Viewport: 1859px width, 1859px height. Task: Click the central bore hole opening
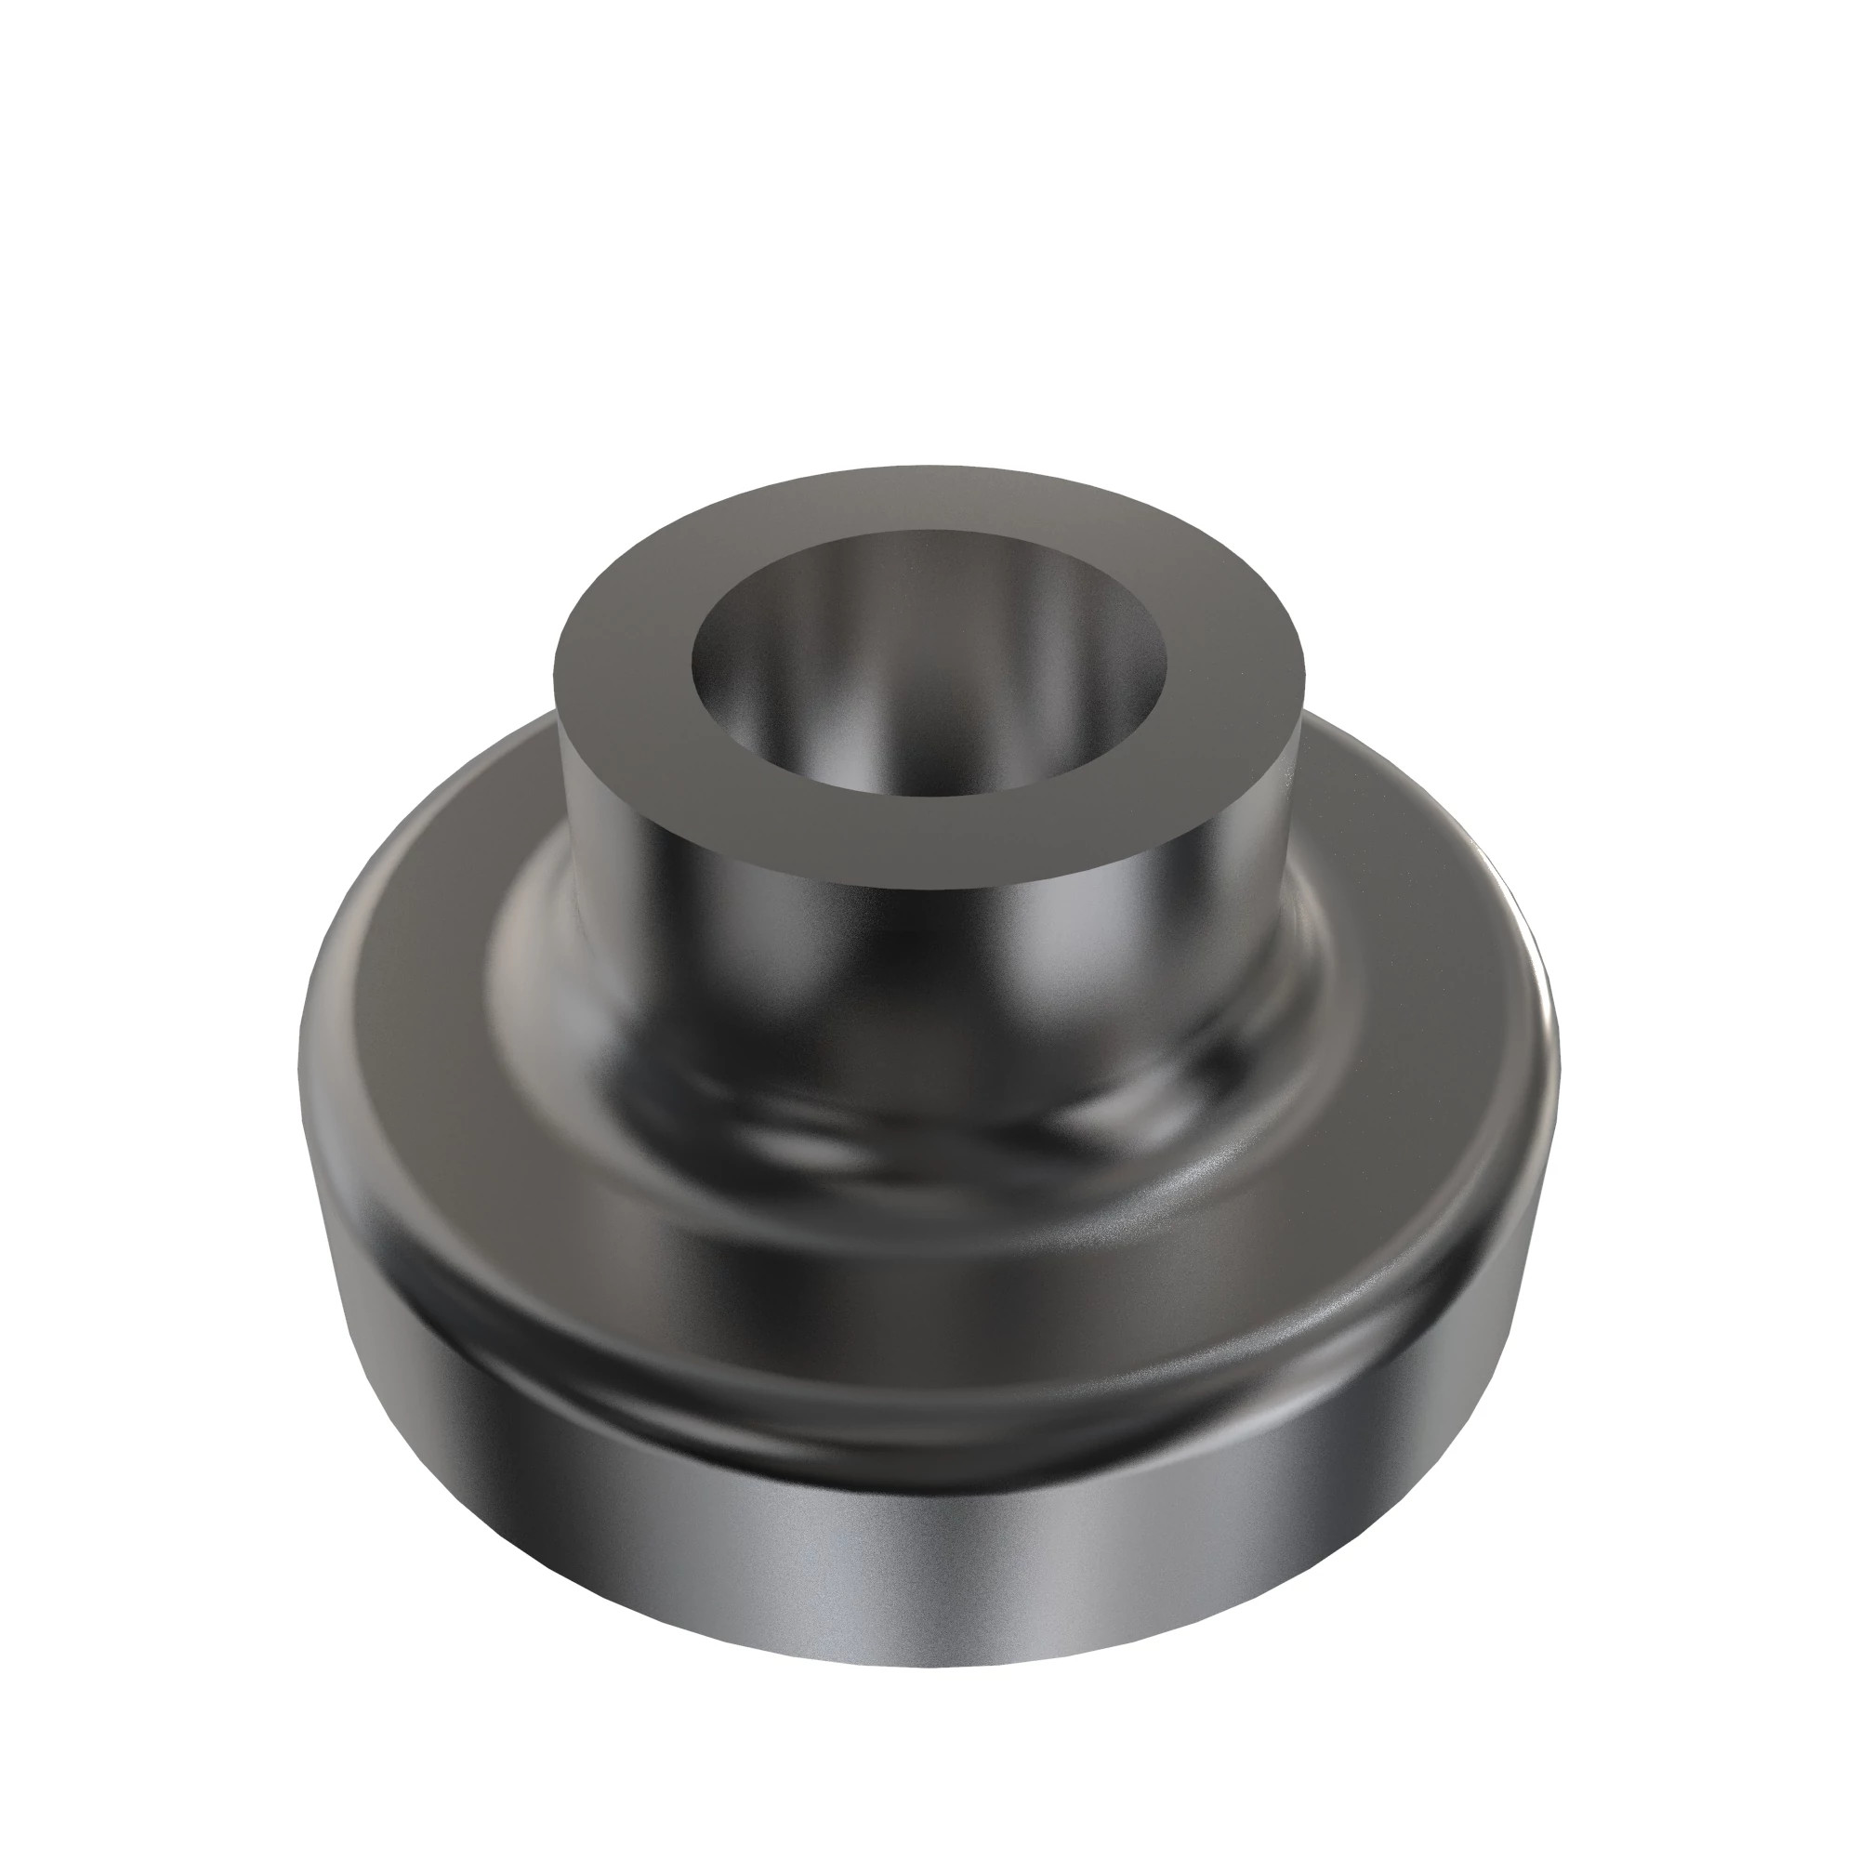tap(929, 664)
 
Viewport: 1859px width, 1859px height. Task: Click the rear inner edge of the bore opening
tap(929, 532)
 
